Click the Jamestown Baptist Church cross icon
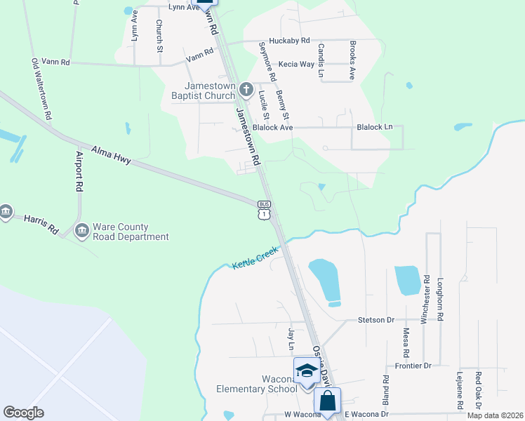coord(246,89)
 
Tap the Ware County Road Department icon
coord(81,230)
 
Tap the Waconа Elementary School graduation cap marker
coord(305,370)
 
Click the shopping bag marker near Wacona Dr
coord(327,402)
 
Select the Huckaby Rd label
coord(289,41)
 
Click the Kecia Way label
coord(296,64)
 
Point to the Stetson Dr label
coord(376,320)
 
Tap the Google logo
coord(24,413)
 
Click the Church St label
coord(159,36)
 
